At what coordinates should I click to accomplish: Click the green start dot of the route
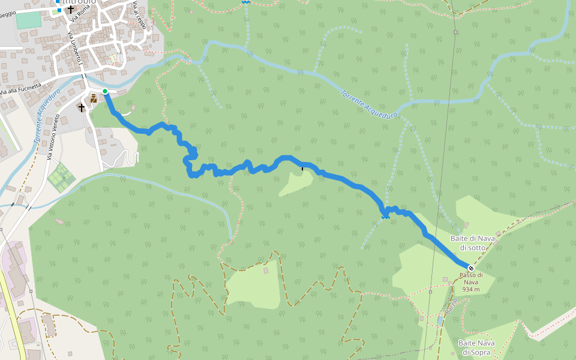coord(105,91)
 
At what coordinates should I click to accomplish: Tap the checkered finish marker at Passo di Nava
coord(471,268)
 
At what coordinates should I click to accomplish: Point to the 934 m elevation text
coord(471,289)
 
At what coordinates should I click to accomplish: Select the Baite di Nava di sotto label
coord(473,243)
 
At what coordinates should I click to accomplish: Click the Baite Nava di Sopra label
coord(476,347)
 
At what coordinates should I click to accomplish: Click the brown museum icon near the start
coord(94,98)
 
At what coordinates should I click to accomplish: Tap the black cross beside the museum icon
coord(82,107)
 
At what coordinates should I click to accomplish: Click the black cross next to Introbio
coord(71,10)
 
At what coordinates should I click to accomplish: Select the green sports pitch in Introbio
coord(28,20)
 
